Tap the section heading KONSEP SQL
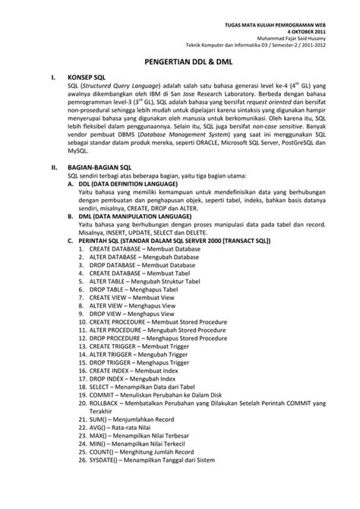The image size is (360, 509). [x=88, y=77]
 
